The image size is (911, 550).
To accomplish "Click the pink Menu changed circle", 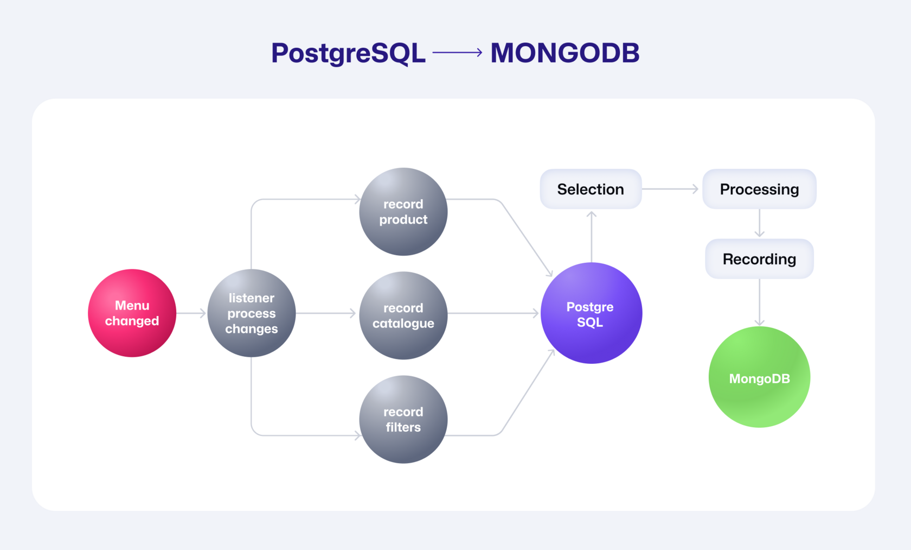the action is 132,313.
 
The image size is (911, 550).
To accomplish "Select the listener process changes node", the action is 252,313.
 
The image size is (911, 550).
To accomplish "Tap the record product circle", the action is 403,212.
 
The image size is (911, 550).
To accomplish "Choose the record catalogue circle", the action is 403,315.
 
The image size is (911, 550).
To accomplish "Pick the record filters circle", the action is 403,419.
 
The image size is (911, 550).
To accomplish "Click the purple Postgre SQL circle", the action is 591,313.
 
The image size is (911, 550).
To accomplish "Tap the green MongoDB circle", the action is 759,377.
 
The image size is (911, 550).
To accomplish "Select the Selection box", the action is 591,189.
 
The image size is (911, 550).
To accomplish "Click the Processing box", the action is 759,189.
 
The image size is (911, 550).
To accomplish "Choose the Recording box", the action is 759,259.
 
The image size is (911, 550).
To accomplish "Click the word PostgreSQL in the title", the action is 348,53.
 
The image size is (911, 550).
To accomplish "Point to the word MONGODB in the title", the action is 565,53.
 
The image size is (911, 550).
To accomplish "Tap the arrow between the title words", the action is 458,52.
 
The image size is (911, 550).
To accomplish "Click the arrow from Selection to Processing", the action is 670,189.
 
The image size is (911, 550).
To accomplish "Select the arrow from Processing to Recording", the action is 759,223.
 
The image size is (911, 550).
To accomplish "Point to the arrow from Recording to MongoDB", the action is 759,302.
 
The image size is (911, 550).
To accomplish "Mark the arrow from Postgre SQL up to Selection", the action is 591,237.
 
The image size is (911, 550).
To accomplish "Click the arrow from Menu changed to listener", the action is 191,313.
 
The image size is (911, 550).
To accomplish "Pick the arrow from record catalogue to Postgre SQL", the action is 493,313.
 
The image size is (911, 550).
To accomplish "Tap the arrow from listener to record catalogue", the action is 326,313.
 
